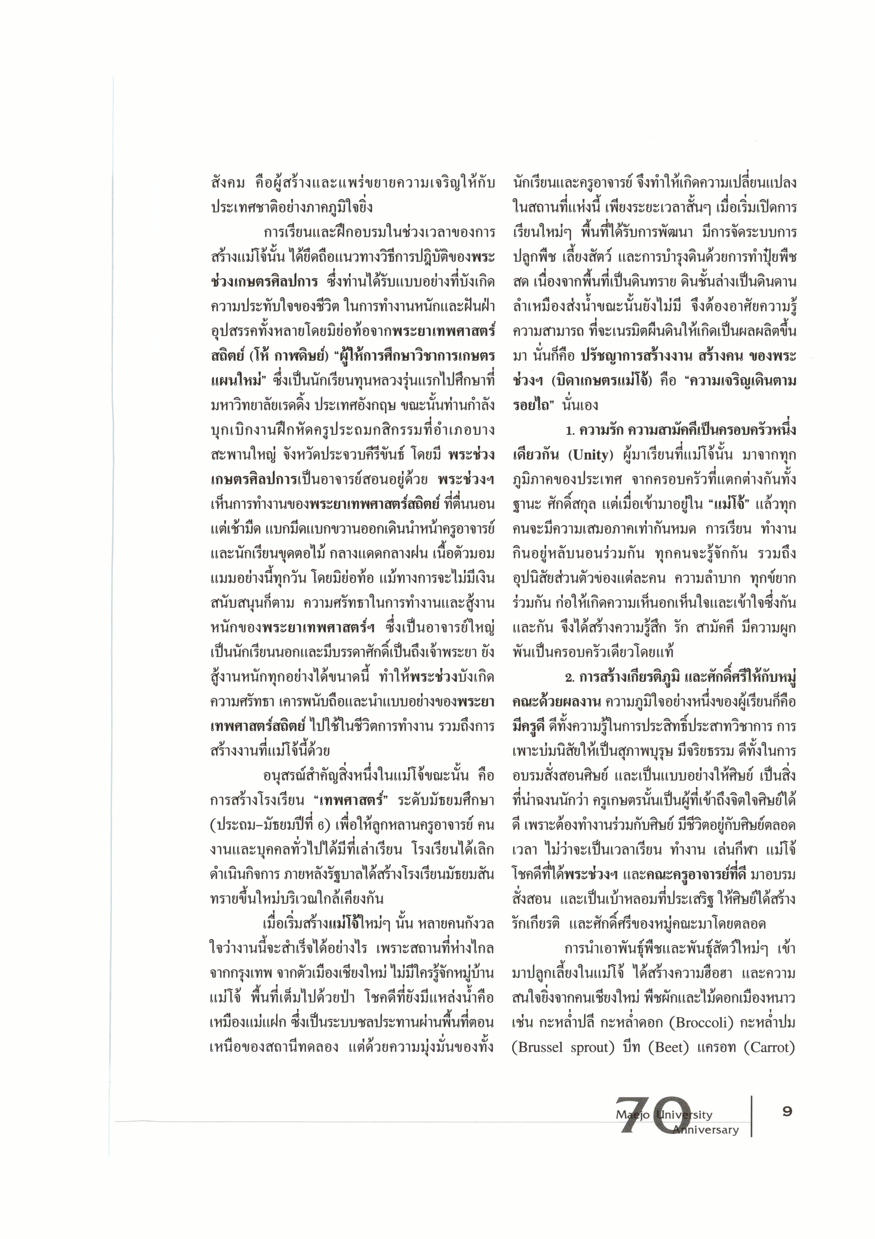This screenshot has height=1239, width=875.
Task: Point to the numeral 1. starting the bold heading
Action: pos(571,431)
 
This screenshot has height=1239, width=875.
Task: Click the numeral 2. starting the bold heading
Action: pos(571,677)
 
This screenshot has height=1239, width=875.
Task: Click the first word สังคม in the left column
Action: pos(227,182)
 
